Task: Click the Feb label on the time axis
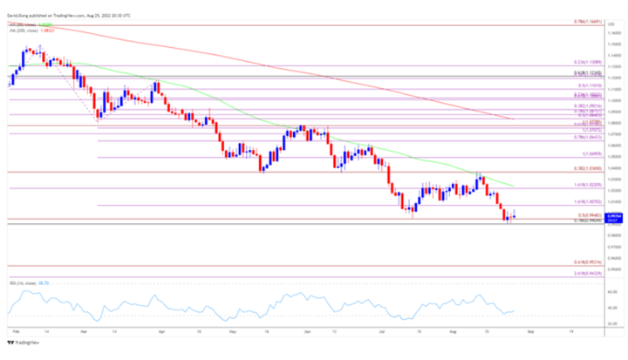pos(17,333)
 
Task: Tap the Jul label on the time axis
pos(382,333)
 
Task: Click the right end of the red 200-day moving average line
pos(512,119)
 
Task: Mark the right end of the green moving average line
pos(512,186)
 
